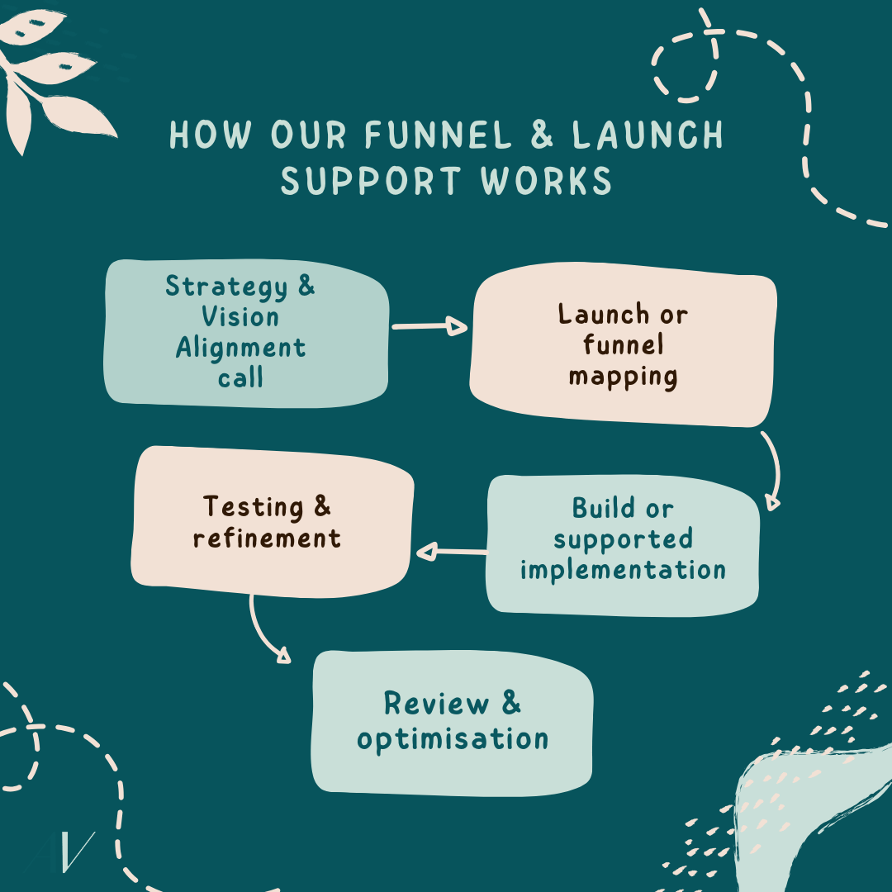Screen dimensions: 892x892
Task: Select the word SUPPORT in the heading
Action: pos(382,182)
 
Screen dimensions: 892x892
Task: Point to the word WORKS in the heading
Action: pos(553,182)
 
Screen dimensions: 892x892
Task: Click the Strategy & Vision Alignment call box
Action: pos(245,333)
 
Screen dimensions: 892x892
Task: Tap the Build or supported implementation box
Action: pos(622,545)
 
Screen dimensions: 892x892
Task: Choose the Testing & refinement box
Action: pos(271,522)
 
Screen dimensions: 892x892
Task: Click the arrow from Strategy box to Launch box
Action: pos(429,327)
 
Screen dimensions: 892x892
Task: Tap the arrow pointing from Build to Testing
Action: pos(451,552)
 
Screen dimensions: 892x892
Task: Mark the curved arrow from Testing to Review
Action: pos(266,632)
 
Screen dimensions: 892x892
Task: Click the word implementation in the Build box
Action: pos(623,570)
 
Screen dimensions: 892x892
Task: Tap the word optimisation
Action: pos(453,739)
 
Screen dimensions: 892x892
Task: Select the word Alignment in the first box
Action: pos(240,348)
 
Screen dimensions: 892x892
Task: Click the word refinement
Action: pos(267,539)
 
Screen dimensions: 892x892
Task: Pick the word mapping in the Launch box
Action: pos(623,377)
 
